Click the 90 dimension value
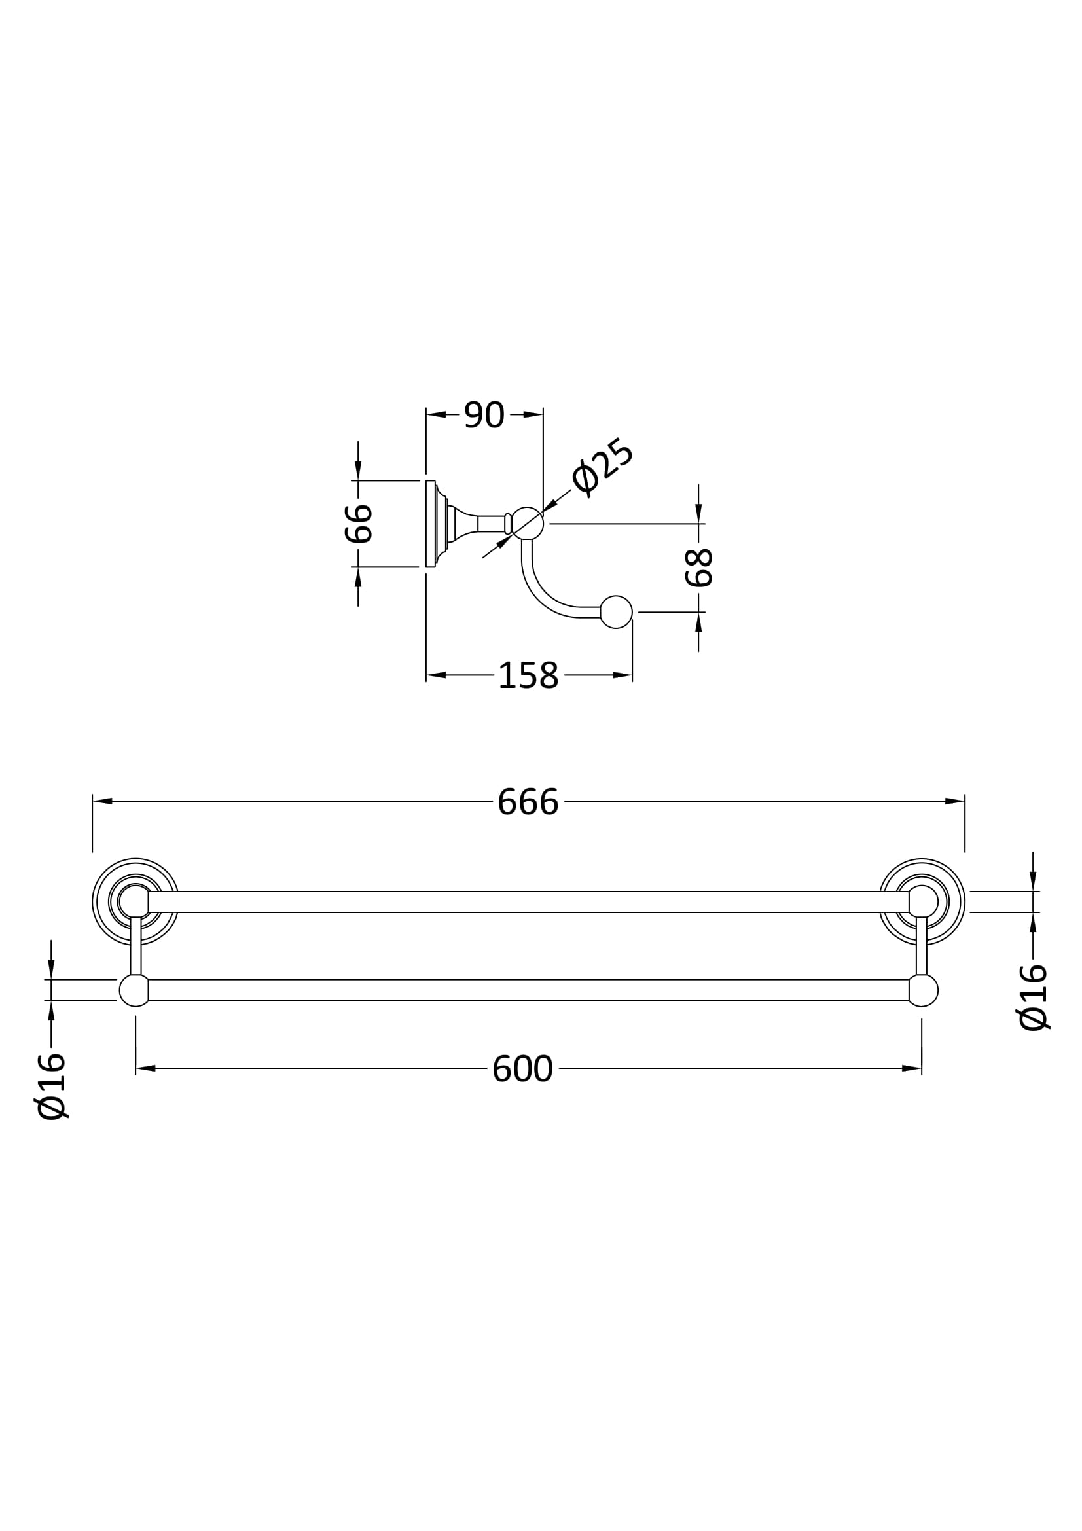point(484,415)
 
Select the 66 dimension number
point(359,524)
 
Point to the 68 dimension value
point(699,567)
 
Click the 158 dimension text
point(528,675)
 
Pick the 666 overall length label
point(528,802)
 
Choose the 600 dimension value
point(522,1069)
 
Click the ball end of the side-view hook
point(616,611)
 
